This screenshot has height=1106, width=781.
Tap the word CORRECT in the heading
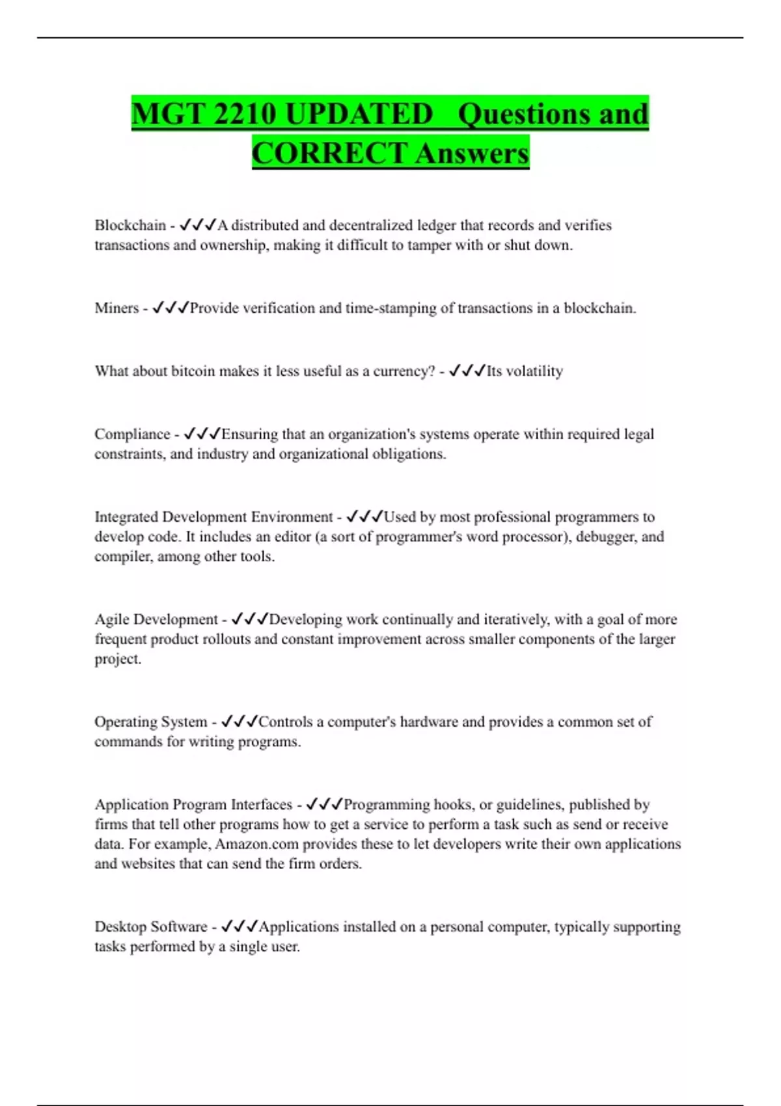[329, 154]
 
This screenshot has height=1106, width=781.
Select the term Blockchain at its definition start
[130, 225]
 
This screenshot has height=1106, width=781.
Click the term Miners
[116, 308]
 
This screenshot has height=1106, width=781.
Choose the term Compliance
[132, 434]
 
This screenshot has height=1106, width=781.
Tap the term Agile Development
[156, 619]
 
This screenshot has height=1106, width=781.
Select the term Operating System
[150, 722]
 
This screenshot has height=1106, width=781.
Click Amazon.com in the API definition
[256, 844]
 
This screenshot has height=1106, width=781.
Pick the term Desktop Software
[151, 926]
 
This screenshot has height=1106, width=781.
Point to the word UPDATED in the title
[359, 114]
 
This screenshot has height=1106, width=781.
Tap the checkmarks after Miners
[171, 308]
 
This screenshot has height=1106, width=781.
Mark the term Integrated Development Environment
[213, 517]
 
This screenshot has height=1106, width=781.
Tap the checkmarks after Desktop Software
[240, 926]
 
